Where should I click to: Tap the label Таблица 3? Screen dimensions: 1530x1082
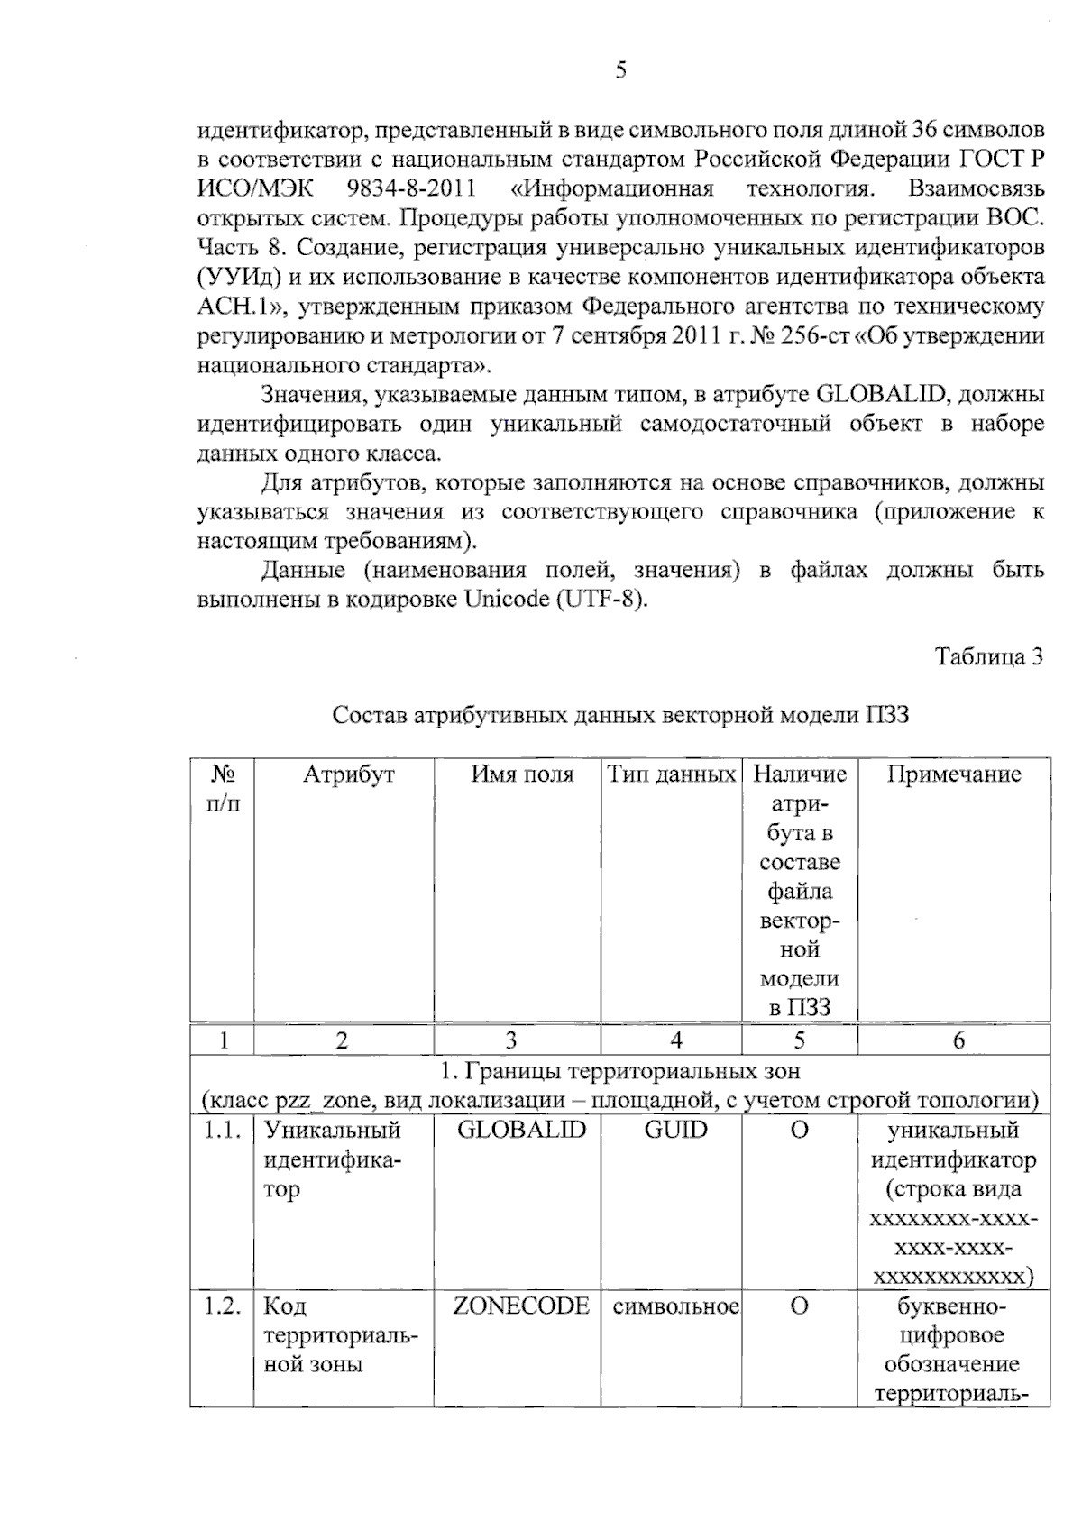coord(988,656)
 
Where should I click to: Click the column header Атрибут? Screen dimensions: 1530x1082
coord(348,774)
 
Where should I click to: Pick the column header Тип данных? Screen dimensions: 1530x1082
coord(671,774)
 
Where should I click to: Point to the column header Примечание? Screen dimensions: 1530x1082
coord(954,774)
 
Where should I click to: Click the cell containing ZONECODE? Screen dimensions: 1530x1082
coord(521,1306)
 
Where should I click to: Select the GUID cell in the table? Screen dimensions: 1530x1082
coord(675,1131)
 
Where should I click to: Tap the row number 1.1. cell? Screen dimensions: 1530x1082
coord(222,1131)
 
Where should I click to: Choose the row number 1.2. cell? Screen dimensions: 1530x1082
coord(222,1306)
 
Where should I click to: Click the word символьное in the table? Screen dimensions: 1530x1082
coord(675,1306)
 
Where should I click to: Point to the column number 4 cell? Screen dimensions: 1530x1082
coord(675,1040)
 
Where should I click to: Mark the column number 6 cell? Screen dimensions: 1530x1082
coord(958,1040)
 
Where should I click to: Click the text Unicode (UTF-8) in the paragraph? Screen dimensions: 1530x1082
coord(555,599)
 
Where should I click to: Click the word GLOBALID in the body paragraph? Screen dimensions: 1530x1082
coord(880,394)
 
